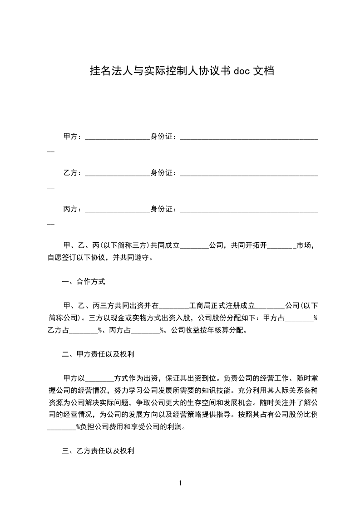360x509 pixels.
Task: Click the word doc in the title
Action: coord(242,71)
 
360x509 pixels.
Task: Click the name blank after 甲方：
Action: coord(117,137)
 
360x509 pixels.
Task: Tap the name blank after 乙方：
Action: coord(117,174)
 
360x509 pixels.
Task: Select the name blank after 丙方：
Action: coord(117,210)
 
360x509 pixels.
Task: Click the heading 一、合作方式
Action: coord(84,282)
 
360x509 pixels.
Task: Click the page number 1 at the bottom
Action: coord(180,483)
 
